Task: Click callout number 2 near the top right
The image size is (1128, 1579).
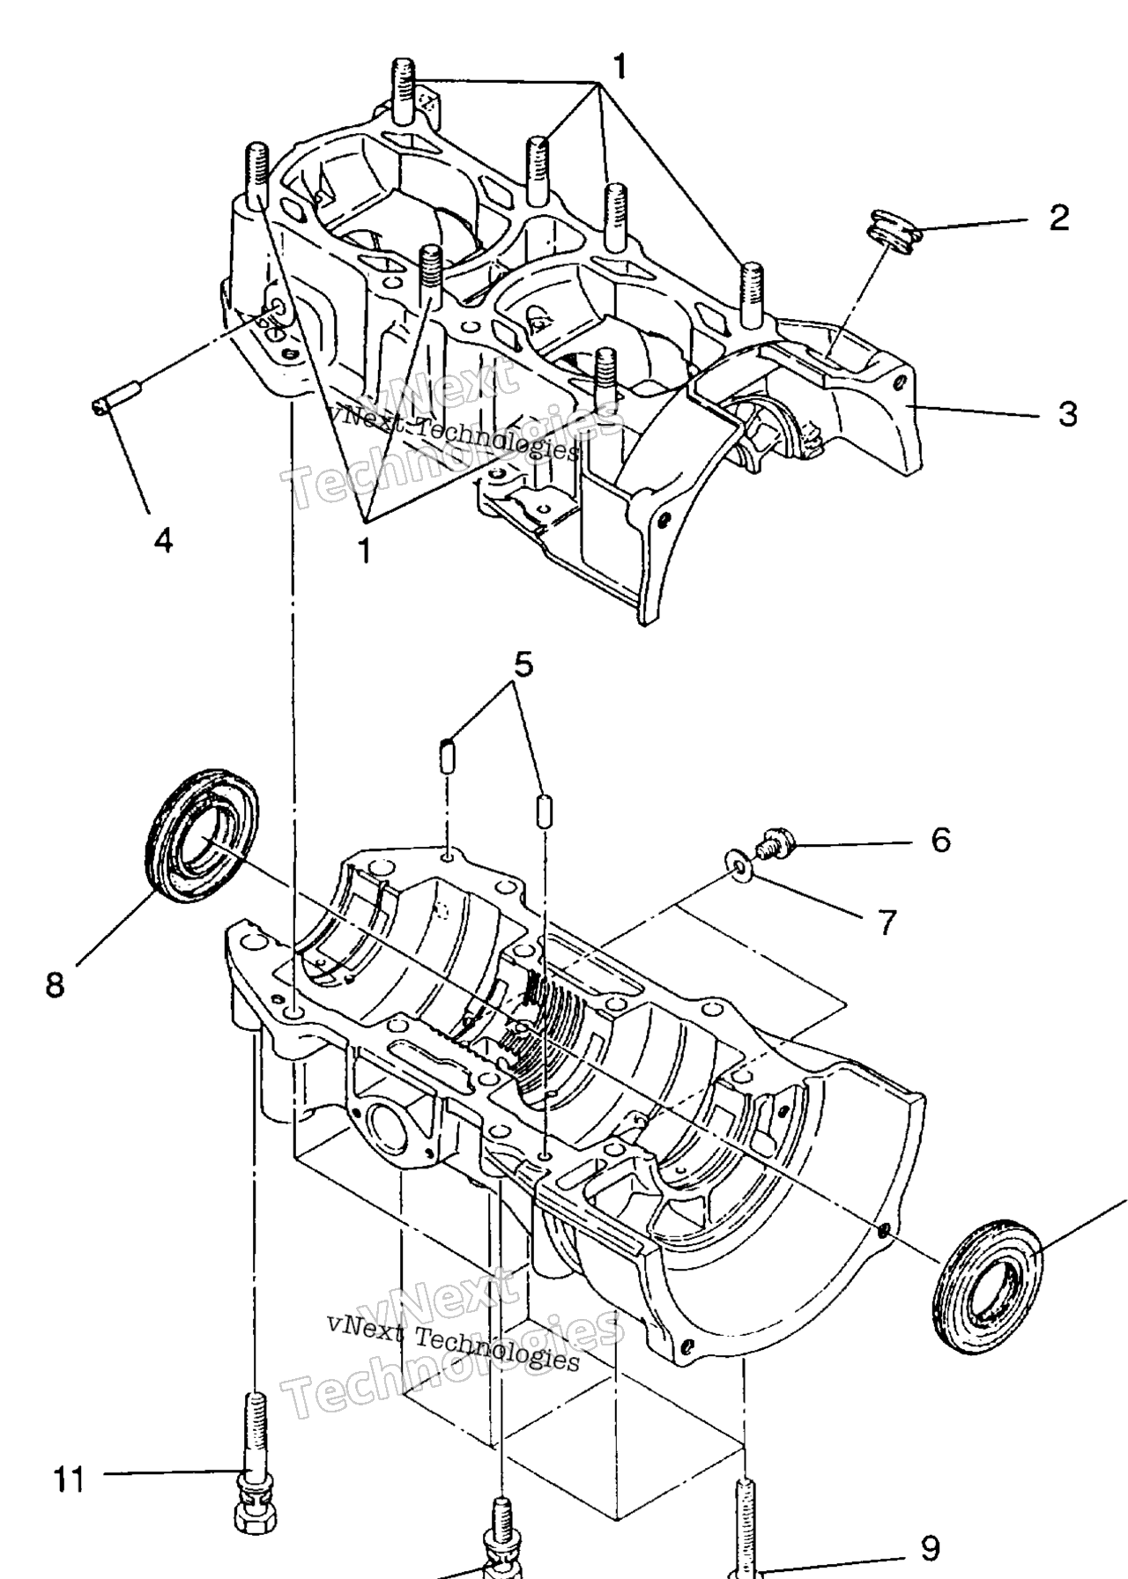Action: (1058, 218)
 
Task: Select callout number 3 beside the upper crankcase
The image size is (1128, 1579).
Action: (1067, 412)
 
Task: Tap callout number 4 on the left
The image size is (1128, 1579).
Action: (164, 538)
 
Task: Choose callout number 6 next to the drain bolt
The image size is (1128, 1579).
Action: (940, 840)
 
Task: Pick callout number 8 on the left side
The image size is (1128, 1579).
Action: (56, 983)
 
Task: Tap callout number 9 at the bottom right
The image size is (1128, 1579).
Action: (929, 1546)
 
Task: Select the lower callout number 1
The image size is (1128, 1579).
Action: (363, 551)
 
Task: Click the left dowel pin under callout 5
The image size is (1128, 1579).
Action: (447, 758)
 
